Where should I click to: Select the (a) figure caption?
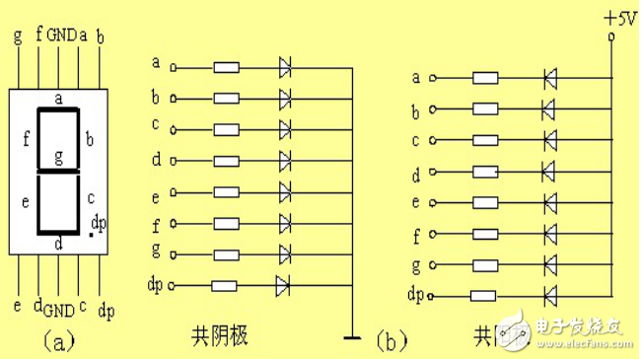pos(57,341)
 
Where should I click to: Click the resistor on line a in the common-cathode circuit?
pos(227,68)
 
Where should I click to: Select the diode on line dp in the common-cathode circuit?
pos(284,286)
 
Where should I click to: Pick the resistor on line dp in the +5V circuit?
pos(483,295)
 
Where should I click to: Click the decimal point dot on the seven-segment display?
pos(91,237)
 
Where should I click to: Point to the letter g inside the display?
pos(59,157)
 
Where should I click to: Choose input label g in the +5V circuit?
pos(416,265)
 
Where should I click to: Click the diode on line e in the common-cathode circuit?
pos(285,190)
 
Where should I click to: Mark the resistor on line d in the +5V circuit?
pos(484,172)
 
